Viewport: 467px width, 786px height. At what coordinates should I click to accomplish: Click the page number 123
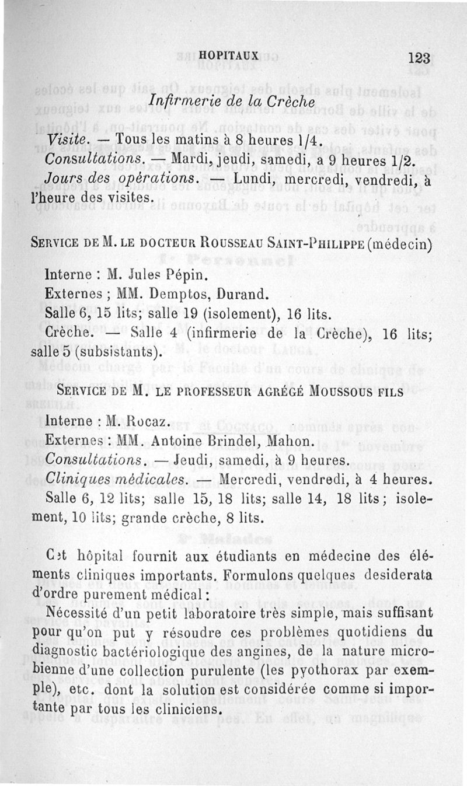(x=419, y=57)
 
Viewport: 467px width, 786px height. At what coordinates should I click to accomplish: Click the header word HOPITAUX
(x=228, y=55)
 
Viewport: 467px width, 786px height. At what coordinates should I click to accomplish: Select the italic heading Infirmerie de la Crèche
(x=232, y=101)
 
